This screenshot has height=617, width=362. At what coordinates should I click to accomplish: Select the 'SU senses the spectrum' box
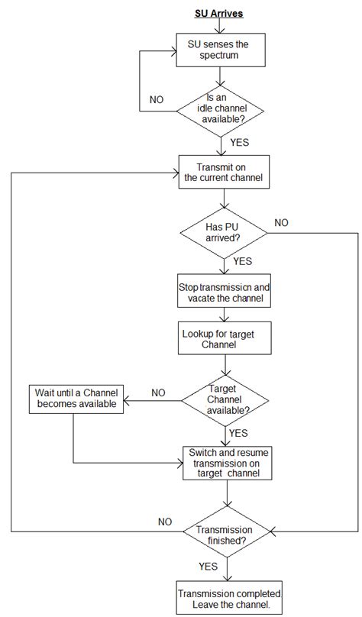tap(221, 50)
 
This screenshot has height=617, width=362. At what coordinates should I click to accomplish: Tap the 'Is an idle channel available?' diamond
tap(221, 109)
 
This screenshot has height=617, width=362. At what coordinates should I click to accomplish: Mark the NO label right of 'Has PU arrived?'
tap(282, 222)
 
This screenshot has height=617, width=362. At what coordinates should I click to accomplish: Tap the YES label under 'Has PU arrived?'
tap(242, 261)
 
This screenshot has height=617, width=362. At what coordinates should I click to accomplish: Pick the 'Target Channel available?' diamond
tap(225, 399)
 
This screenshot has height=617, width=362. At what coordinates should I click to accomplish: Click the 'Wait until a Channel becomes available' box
tap(77, 398)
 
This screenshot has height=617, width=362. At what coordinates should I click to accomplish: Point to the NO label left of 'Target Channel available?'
tap(158, 392)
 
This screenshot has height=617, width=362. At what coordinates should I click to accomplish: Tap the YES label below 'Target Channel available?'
tap(238, 432)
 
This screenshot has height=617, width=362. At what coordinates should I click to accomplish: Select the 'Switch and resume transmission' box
tap(225, 463)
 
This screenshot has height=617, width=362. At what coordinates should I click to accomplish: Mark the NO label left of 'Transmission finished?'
tap(164, 522)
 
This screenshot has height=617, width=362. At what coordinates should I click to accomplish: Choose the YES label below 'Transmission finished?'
tap(208, 567)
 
